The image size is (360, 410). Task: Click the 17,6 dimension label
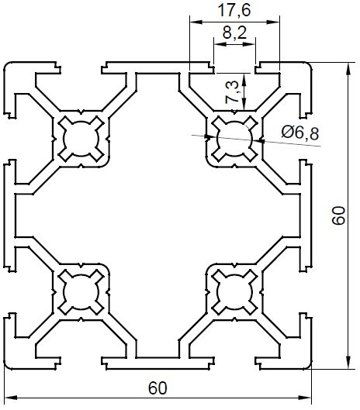click(x=234, y=10)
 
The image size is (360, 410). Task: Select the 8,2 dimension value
click(x=234, y=33)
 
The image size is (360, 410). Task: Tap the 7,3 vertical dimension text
click(x=232, y=91)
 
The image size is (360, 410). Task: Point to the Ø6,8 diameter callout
click(x=300, y=133)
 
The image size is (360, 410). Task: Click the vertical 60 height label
click(x=338, y=215)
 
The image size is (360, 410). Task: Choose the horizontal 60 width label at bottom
click(x=157, y=388)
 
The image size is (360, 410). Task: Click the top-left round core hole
click(x=81, y=139)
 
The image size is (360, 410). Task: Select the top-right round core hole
click(x=235, y=139)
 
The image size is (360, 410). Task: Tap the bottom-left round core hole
click(x=81, y=292)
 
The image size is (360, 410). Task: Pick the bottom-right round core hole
click(x=235, y=292)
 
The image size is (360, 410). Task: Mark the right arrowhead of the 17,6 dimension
click(x=273, y=22)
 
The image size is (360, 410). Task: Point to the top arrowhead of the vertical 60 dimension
click(x=348, y=69)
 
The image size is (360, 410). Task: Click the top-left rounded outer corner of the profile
click(x=7, y=66)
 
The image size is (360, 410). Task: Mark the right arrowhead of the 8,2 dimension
click(x=249, y=44)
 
